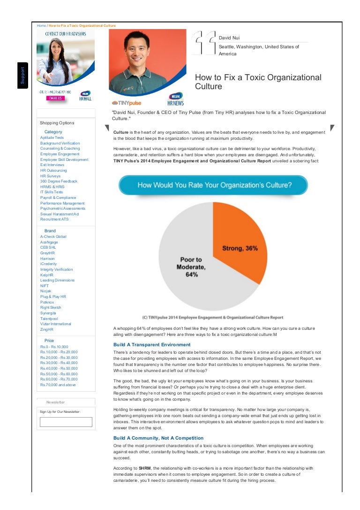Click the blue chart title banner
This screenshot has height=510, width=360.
click(213, 185)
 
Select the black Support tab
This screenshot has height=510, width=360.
click(22, 76)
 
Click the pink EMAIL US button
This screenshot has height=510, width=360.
click(55, 98)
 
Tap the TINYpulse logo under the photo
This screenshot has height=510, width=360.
click(126, 103)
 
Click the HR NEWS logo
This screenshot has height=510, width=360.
click(175, 99)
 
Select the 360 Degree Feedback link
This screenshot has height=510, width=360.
click(59, 181)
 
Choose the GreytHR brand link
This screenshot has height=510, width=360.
click(47, 253)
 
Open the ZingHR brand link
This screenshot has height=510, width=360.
click(47, 329)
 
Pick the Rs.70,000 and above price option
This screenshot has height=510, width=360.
click(58, 385)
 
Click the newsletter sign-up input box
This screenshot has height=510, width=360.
click(66, 422)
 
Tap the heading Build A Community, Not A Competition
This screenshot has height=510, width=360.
click(158, 438)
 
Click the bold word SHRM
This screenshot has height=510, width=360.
click(145, 468)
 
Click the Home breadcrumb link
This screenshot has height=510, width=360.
click(41, 25)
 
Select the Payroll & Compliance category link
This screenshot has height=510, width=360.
click(59, 198)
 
